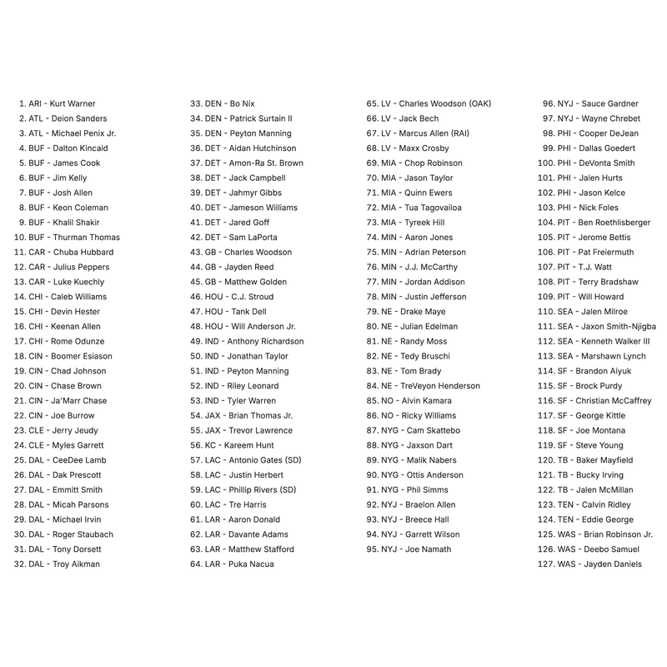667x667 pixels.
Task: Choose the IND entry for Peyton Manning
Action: point(258,371)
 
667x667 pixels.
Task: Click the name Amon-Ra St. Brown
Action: point(266,163)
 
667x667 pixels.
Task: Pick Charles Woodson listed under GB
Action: point(257,252)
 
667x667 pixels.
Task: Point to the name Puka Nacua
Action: point(249,564)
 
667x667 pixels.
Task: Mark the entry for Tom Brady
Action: point(421,371)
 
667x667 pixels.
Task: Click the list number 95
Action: point(374,549)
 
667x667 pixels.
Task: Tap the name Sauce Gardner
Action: point(609,103)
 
